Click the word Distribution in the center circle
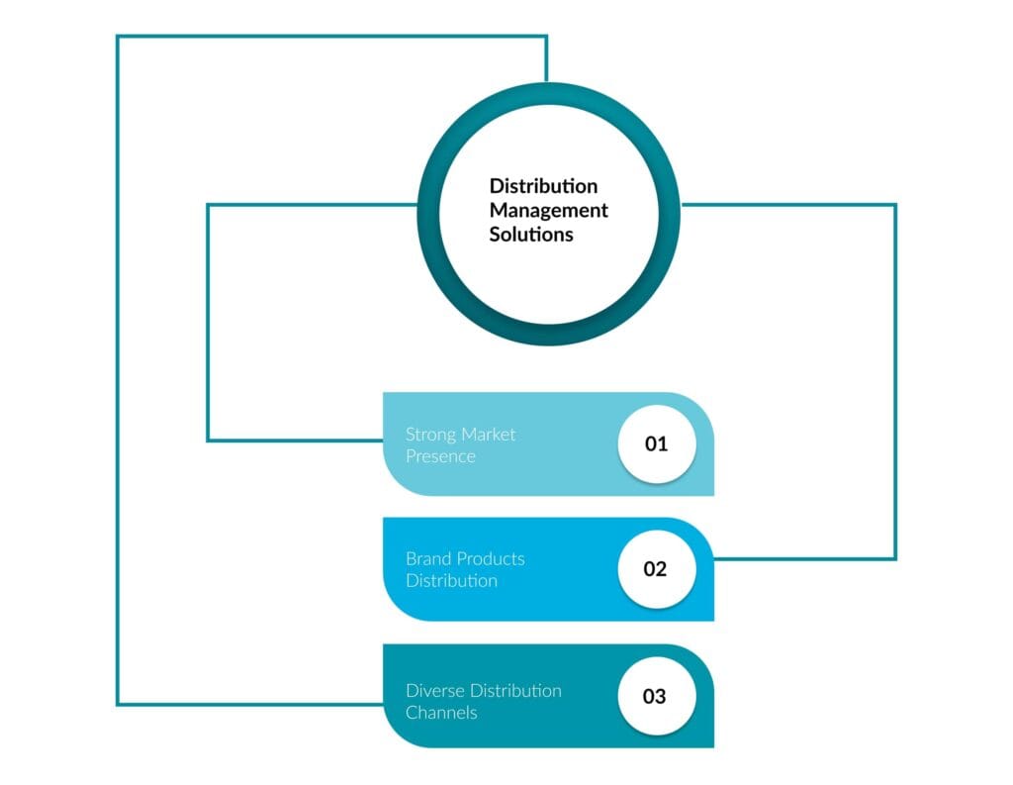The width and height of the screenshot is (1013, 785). pyautogui.click(x=543, y=186)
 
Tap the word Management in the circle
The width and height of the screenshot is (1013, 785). pyautogui.click(x=548, y=210)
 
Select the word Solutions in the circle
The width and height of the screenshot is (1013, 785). pyautogui.click(x=531, y=235)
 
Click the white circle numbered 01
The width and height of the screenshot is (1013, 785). pyautogui.click(x=657, y=443)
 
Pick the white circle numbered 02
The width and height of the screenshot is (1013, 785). pyautogui.click(x=657, y=569)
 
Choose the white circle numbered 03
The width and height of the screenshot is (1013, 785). pyautogui.click(x=657, y=696)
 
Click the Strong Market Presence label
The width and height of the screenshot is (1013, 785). pyautogui.click(x=460, y=445)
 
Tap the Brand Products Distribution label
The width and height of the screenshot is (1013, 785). pyautogui.click(x=465, y=569)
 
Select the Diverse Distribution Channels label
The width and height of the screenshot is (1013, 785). pyautogui.click(x=483, y=701)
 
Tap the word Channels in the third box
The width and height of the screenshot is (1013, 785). pyautogui.click(x=441, y=713)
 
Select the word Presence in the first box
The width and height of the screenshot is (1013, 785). pyautogui.click(x=440, y=456)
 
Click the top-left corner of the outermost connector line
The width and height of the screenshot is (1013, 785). pyautogui.click(x=118, y=37)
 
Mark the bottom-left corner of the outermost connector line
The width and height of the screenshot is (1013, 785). pyautogui.click(x=118, y=704)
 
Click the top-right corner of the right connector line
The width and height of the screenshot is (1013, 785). pyautogui.click(x=895, y=205)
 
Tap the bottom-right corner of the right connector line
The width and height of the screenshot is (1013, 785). pyautogui.click(x=895, y=559)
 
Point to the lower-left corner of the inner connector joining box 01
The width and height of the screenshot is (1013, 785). pyautogui.click(x=208, y=440)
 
